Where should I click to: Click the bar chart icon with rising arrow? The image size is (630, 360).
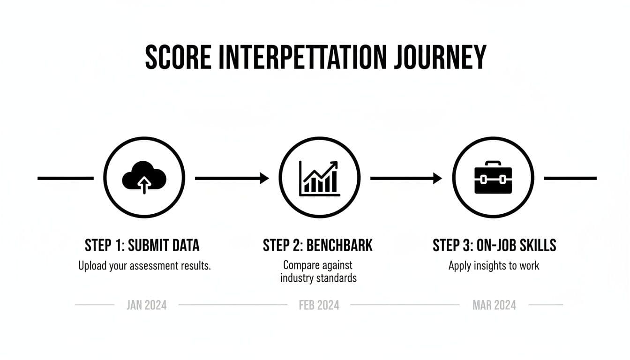(319, 178)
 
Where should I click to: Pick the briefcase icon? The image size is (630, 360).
(493, 178)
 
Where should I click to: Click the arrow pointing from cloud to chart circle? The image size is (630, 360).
(232, 178)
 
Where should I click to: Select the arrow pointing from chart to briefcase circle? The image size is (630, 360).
(406, 178)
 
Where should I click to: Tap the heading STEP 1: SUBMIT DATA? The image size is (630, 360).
(142, 245)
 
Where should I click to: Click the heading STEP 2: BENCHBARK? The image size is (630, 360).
(318, 245)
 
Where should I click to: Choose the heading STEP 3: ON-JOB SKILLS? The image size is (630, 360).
(494, 245)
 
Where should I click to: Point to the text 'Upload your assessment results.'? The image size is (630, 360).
(144, 266)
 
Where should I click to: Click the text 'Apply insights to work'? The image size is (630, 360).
(494, 266)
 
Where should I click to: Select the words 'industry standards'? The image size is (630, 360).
(318, 278)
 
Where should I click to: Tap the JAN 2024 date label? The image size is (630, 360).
(146, 305)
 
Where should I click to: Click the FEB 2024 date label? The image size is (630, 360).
(319, 305)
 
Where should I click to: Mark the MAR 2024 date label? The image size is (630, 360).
(494, 305)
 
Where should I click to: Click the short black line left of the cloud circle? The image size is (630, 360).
(66, 178)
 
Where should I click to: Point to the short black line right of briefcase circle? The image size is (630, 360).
(570, 178)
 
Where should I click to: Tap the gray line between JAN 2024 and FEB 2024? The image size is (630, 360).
(232, 305)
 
